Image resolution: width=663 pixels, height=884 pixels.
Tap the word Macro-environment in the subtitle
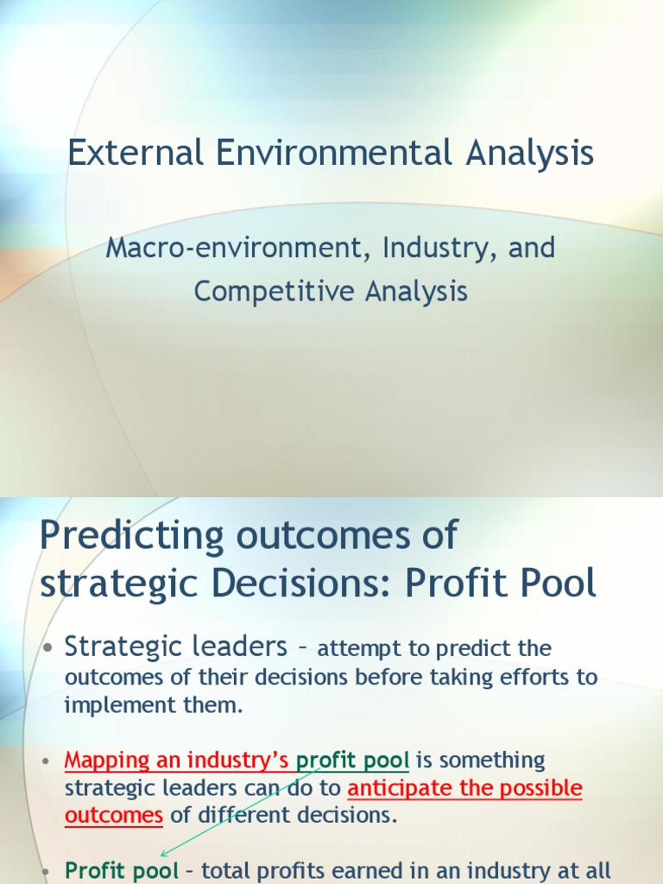[222, 249]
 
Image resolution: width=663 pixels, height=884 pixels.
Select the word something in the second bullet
[492, 761]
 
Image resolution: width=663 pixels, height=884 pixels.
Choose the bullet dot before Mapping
[48, 762]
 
